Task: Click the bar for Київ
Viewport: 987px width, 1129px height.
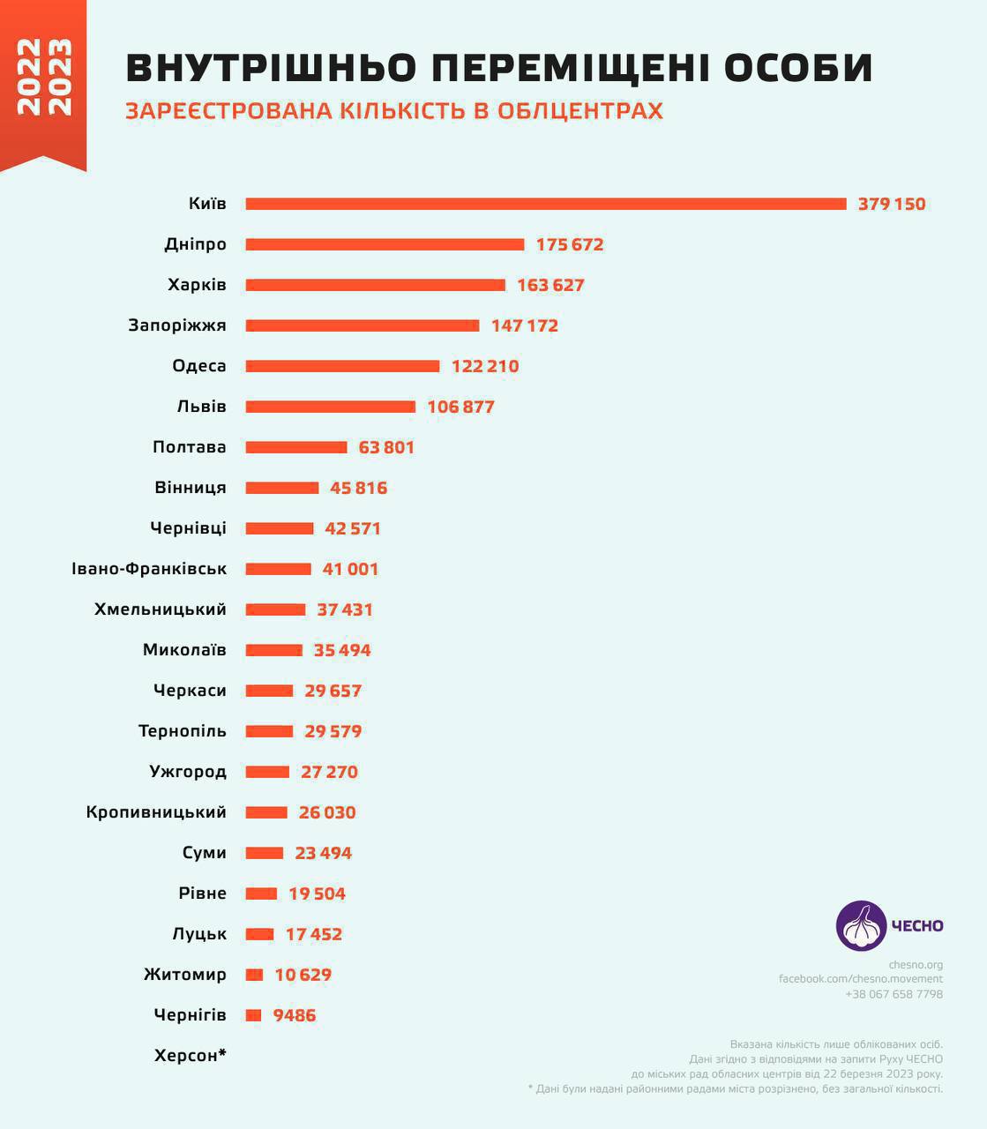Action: click(545, 204)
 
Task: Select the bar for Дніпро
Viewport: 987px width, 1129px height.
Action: click(385, 244)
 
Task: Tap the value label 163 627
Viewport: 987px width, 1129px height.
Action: click(550, 285)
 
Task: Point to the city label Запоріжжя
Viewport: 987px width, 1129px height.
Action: click(177, 325)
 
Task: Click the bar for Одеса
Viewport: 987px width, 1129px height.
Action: click(342, 366)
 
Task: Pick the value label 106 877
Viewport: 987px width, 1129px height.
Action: click(460, 407)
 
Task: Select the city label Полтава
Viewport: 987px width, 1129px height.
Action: click(189, 447)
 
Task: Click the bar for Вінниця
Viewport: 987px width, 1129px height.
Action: click(282, 488)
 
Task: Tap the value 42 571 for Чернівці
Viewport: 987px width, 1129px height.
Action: click(353, 528)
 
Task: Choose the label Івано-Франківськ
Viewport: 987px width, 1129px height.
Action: click(149, 569)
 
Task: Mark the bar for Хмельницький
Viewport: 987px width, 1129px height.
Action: click(275, 609)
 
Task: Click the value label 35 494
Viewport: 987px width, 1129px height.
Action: click(342, 650)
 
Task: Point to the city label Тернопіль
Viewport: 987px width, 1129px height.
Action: click(183, 731)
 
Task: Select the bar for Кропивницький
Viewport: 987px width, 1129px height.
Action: click(266, 812)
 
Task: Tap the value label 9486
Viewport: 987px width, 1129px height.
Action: click(295, 1015)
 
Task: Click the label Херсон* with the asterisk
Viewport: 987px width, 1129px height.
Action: click(191, 1056)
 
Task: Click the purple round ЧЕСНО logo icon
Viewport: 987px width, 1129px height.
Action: click(861, 926)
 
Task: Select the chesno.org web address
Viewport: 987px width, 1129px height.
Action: click(916, 965)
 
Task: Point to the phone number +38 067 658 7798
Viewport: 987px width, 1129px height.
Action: click(894, 994)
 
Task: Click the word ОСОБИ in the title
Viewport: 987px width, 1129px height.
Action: click(798, 68)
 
